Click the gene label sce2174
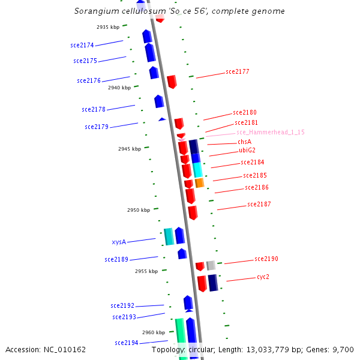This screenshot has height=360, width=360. pos(82,45)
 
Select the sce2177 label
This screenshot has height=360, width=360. pos(238,71)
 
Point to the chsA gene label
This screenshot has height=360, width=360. pos(245,142)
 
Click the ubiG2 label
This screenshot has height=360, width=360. pos(247,150)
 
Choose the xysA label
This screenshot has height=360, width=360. pos(119,242)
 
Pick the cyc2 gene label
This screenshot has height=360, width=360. pos(263,277)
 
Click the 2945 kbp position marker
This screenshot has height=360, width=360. pos(130,149)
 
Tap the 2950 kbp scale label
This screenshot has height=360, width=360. pos(139,210)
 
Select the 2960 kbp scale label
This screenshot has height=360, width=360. pos(154,332)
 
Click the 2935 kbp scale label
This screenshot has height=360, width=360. pos(108,27)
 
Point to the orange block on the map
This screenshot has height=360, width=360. pos(200,182)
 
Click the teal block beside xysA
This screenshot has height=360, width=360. pos(169,236)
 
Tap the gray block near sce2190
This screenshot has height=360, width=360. pos(211,265)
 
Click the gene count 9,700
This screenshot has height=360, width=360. pos(343,349)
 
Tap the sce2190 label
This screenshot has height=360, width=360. pos(266,259)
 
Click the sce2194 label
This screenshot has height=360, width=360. pos(127,343)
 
